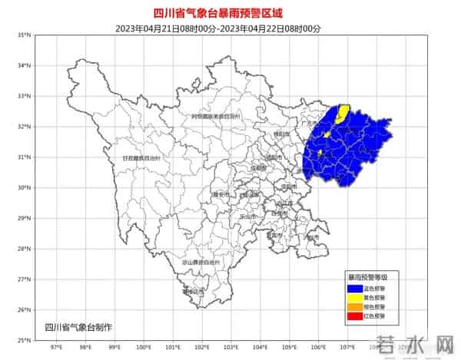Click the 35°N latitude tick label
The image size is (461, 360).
click(25, 35)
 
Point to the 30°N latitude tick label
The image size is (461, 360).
click(25, 188)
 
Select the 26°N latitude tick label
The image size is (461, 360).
click(25, 310)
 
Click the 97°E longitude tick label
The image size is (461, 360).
click(56, 346)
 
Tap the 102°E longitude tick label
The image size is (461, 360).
click(202, 346)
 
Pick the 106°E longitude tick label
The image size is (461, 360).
click(319, 346)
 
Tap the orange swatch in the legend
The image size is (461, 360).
click(354, 306)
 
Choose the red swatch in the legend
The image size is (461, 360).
click(354, 315)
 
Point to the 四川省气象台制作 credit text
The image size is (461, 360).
click(78, 327)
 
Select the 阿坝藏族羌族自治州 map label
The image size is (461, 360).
click(216, 116)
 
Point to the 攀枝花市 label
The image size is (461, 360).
click(193, 292)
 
